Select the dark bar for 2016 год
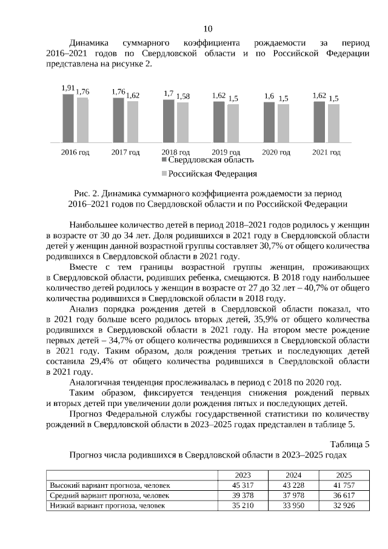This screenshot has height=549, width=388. [68, 118]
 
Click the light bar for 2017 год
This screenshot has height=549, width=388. [133, 122]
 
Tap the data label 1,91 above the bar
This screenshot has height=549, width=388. [68, 88]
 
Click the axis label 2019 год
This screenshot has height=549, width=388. [226, 152]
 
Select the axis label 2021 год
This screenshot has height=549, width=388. [326, 152]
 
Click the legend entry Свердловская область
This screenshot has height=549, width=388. [206, 160]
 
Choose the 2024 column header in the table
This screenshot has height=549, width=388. [293, 475]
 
